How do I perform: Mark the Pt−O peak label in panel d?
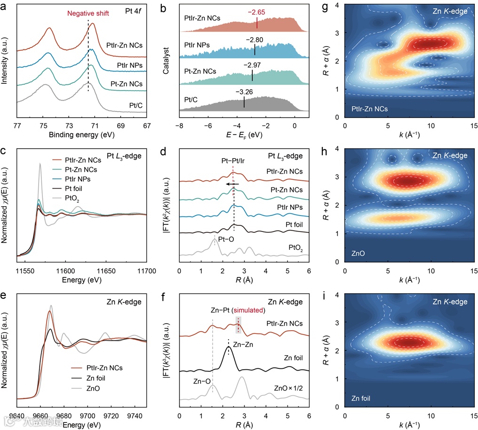click(x=228, y=239)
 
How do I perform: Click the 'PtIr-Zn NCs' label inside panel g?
click(x=370, y=109)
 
